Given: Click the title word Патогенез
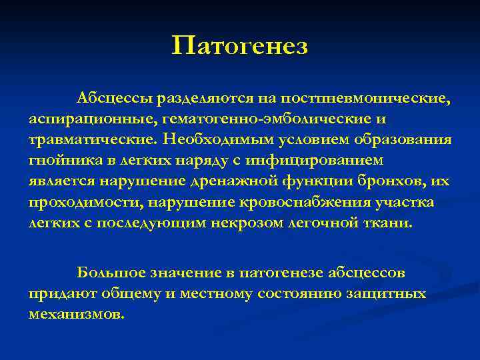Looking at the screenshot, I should point(240,46).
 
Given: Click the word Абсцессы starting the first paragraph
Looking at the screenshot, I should point(114,99).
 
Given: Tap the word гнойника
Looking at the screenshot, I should point(64,161).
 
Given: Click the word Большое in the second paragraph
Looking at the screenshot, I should point(110,273).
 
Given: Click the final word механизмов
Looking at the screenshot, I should point(76,313).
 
